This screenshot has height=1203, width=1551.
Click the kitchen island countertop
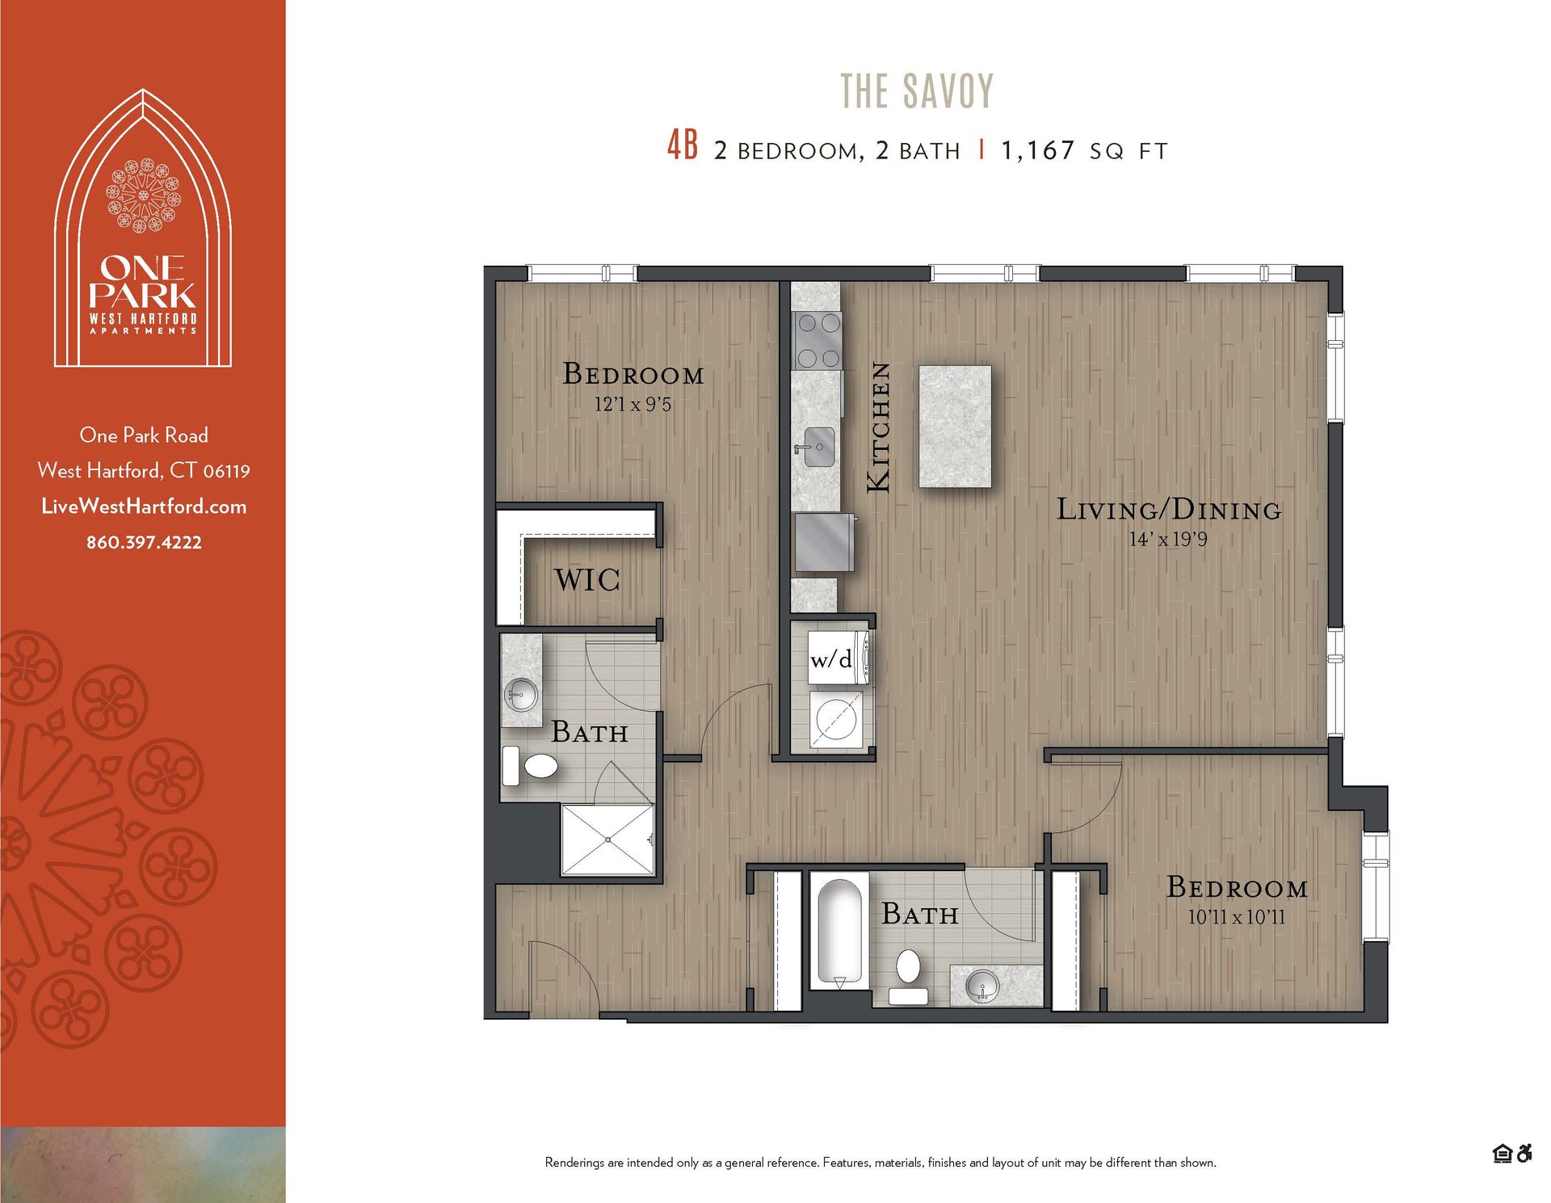click(955, 426)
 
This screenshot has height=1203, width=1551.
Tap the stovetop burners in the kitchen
click(817, 340)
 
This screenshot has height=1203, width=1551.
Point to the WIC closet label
click(587, 580)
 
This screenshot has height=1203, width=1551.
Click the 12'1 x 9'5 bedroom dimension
click(633, 404)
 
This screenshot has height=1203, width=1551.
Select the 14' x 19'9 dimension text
click(1168, 539)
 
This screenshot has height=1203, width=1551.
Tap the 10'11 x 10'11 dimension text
click(1236, 917)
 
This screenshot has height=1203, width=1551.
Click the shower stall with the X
click(607, 839)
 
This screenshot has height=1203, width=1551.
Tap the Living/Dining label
click(1169, 510)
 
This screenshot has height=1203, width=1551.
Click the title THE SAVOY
click(917, 91)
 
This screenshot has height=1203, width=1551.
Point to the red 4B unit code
click(682, 146)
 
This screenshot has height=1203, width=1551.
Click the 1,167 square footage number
click(1037, 150)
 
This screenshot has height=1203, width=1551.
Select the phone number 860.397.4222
click(144, 542)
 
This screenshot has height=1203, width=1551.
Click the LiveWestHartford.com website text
click(144, 507)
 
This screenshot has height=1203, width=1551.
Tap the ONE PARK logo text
click(143, 280)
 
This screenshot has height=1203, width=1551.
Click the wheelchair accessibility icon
click(1524, 1154)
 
